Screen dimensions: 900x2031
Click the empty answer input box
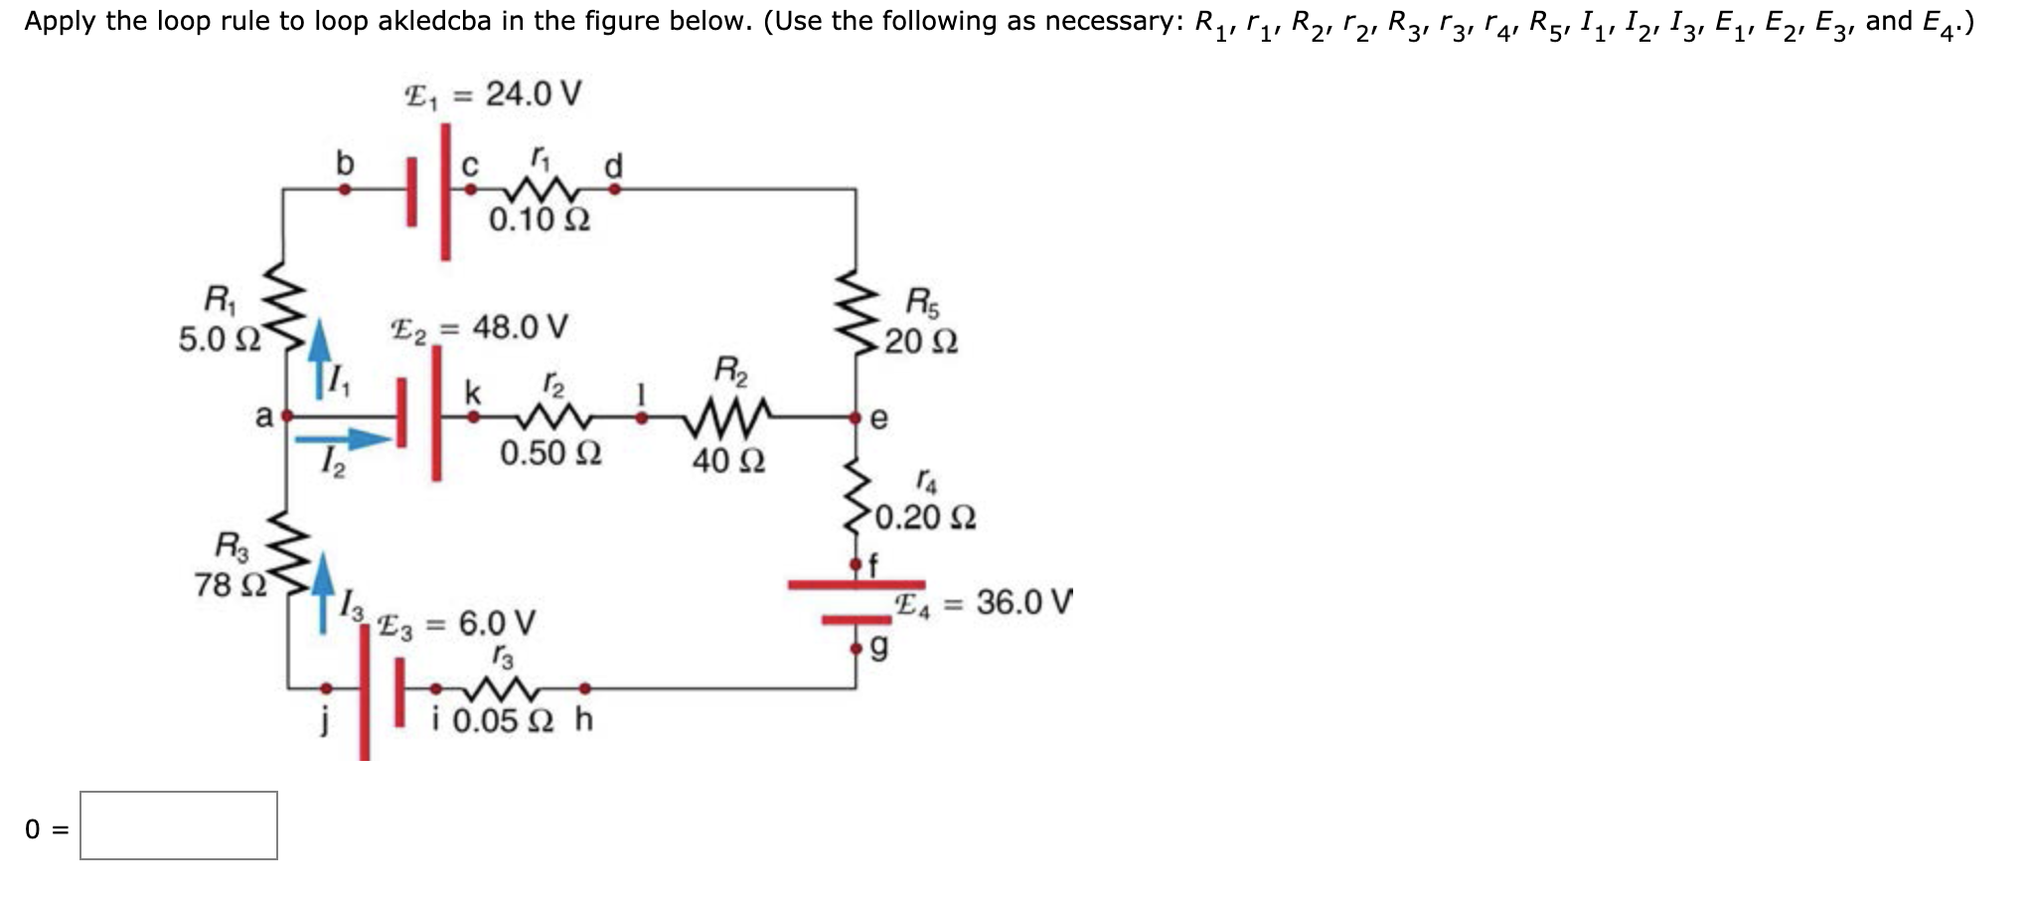click(x=179, y=825)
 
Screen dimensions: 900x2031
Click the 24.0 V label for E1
click(x=533, y=95)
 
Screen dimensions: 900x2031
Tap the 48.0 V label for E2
click(x=520, y=327)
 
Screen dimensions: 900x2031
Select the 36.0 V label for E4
click(x=1023, y=602)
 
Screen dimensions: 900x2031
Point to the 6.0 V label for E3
click(x=497, y=624)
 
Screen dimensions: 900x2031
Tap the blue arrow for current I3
click(x=323, y=592)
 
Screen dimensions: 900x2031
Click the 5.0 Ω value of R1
click(x=220, y=340)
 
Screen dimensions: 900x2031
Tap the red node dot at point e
click(x=856, y=419)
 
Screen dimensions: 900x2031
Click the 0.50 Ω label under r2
click(x=550, y=454)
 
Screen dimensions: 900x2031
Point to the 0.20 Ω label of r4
click(x=926, y=518)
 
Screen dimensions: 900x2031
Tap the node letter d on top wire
click(x=614, y=165)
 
